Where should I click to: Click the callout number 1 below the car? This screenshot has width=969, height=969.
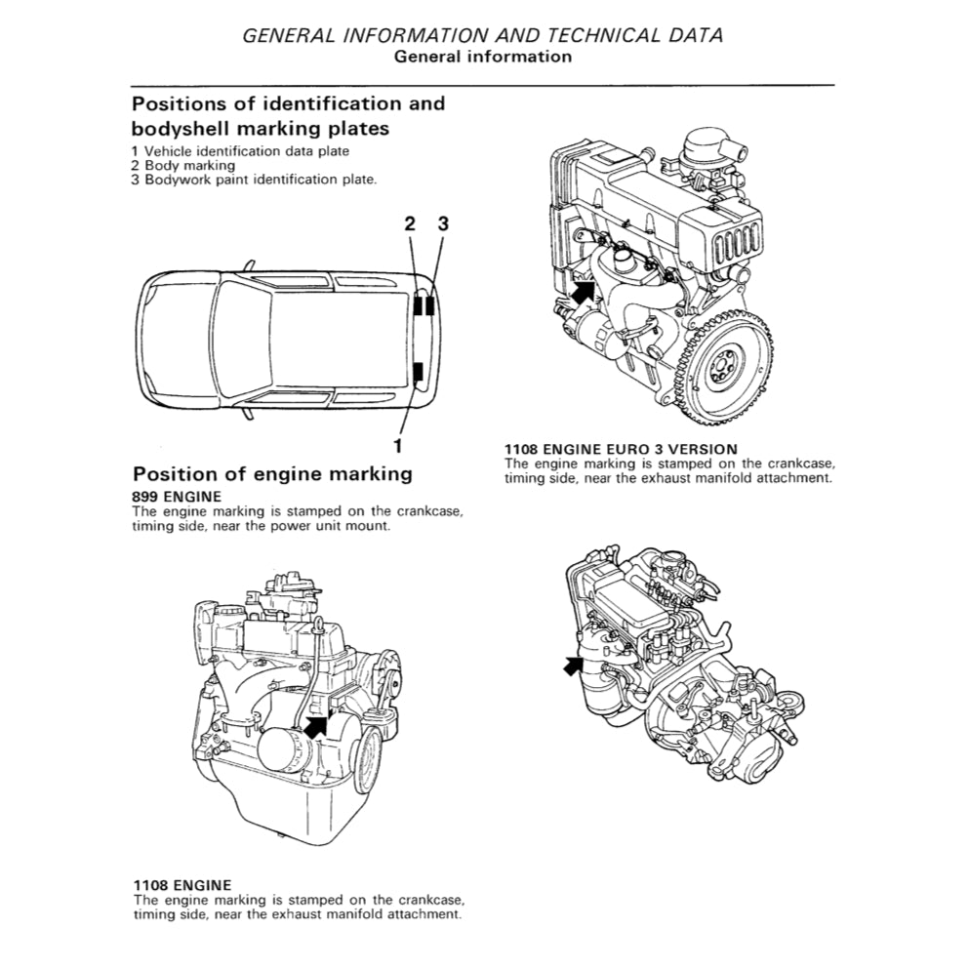pyautogui.click(x=397, y=445)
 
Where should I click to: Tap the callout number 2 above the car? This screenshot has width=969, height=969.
pyautogui.click(x=411, y=223)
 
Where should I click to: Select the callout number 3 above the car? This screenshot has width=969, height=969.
pyautogui.click(x=442, y=223)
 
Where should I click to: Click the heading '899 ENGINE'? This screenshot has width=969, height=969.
pyautogui.click(x=177, y=497)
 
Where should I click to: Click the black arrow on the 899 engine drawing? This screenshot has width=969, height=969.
pyautogui.click(x=317, y=724)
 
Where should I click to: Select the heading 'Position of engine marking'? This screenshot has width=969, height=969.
pyautogui.click(x=271, y=474)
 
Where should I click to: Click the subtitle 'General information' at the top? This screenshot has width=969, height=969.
pyautogui.click(x=482, y=57)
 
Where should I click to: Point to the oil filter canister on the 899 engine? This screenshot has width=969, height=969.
pyautogui.click(x=286, y=749)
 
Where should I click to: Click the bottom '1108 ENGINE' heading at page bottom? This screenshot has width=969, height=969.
pyautogui.click(x=182, y=885)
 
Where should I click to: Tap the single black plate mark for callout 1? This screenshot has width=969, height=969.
pyautogui.click(x=418, y=372)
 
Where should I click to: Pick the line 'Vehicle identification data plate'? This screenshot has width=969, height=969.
pyautogui.click(x=246, y=151)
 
